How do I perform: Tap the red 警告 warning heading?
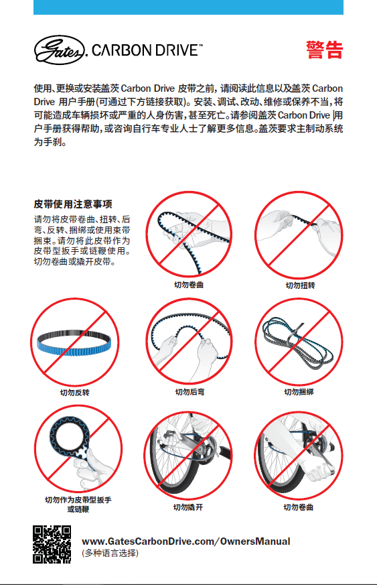324,50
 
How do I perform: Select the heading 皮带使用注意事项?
73,204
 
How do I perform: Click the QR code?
52,544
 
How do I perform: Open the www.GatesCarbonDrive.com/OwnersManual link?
185,541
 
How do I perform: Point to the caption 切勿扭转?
300,285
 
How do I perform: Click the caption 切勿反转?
75,393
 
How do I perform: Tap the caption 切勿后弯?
190,392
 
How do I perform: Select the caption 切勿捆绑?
299,392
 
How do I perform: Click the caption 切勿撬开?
188,507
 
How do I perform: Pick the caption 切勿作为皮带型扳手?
78,500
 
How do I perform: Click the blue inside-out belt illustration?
74,342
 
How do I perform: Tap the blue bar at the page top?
188,7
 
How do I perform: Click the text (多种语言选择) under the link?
110,553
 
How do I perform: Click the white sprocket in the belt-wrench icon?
82,452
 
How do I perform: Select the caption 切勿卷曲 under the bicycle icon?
298,507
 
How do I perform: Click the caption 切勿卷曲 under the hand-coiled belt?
189,285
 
